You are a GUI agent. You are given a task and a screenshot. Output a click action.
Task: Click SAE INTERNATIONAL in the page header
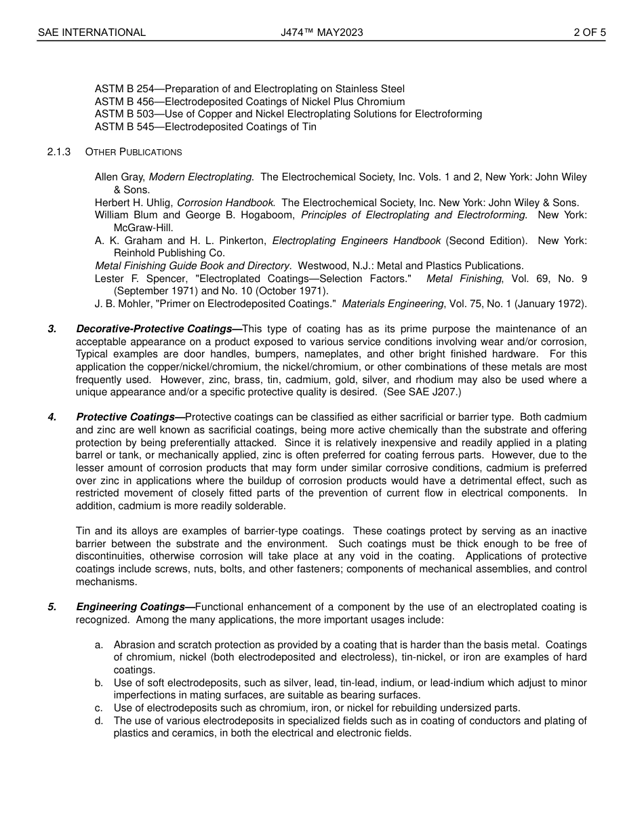pyautogui.click(x=92, y=32)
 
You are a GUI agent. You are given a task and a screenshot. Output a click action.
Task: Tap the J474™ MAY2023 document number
pyautogui.click(x=317, y=32)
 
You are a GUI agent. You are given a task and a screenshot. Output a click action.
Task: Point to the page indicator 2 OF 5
pyautogui.click(x=590, y=32)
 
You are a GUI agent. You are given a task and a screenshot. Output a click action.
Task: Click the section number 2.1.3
pyautogui.click(x=59, y=152)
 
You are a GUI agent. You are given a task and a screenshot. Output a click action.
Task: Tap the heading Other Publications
pyautogui.click(x=134, y=152)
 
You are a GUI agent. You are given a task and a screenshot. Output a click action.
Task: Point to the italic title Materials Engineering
pyautogui.click(x=393, y=304)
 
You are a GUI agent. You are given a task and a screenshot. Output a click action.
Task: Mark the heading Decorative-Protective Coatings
pyautogui.click(x=155, y=329)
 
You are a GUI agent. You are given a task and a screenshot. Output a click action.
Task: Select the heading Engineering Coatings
pyautogui.click(x=131, y=607)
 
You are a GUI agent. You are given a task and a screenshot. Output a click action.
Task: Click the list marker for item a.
pyautogui.click(x=99, y=645)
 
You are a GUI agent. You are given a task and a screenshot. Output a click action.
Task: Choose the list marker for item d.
pyautogui.click(x=99, y=721)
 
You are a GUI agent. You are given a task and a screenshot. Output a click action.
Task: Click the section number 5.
pyautogui.click(x=52, y=607)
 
